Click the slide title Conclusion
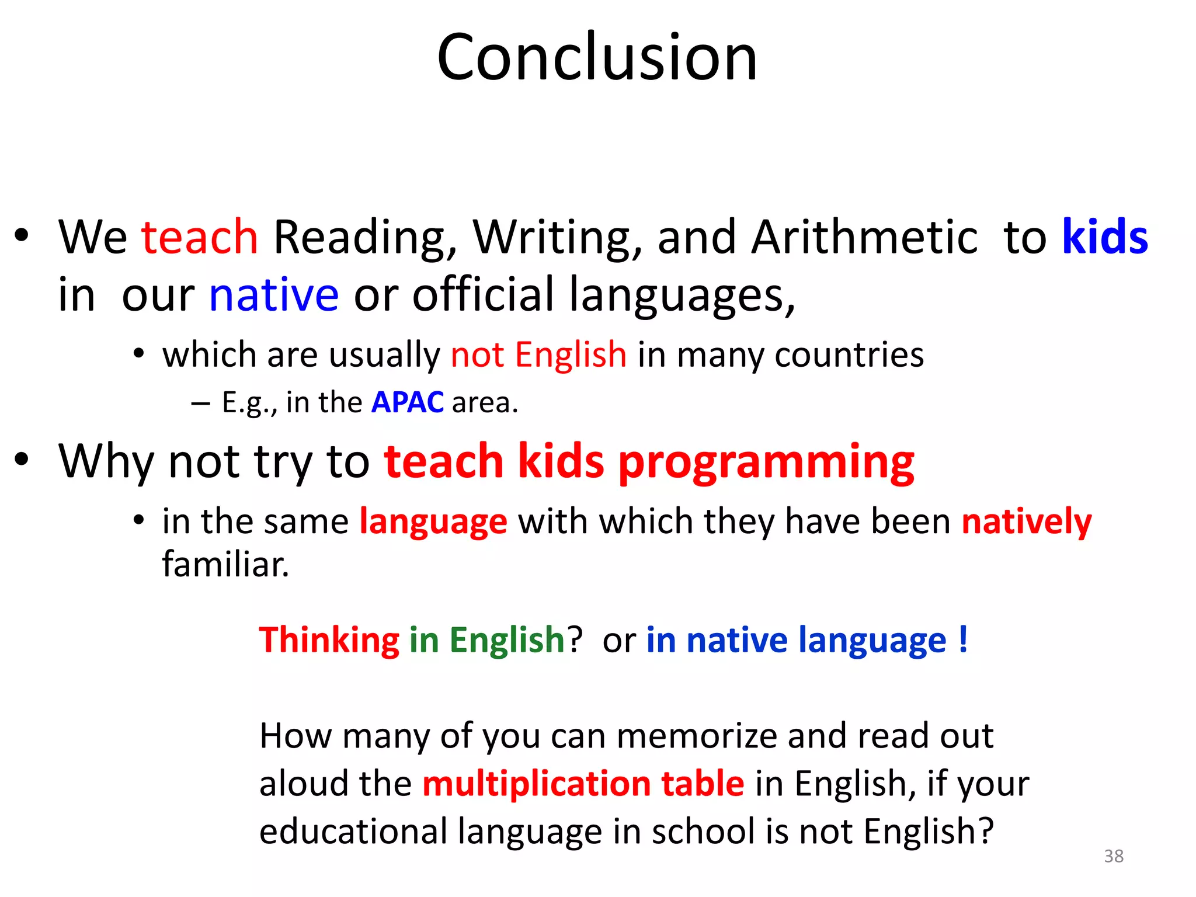point(597,57)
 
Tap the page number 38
point(1114,856)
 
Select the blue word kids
point(1104,237)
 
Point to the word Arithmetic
point(864,237)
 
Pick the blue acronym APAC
point(407,402)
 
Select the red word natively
point(1026,521)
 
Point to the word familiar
point(225,565)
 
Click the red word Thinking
point(329,641)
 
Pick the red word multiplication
point(536,783)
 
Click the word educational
point(353,832)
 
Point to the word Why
point(106,462)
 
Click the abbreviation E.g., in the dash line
point(249,403)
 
